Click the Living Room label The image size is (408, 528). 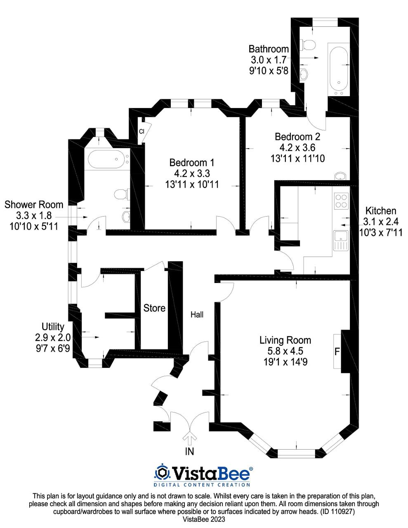(285, 340)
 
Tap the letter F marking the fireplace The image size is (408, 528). (337, 352)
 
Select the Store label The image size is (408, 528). (154, 308)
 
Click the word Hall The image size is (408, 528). (197, 315)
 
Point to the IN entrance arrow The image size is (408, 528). (190, 438)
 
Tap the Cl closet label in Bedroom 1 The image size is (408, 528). (141, 132)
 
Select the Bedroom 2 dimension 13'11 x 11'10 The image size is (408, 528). (297, 158)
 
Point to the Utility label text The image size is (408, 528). (53, 327)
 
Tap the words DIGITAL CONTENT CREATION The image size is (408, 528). (202, 485)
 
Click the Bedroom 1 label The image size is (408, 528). (192, 163)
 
